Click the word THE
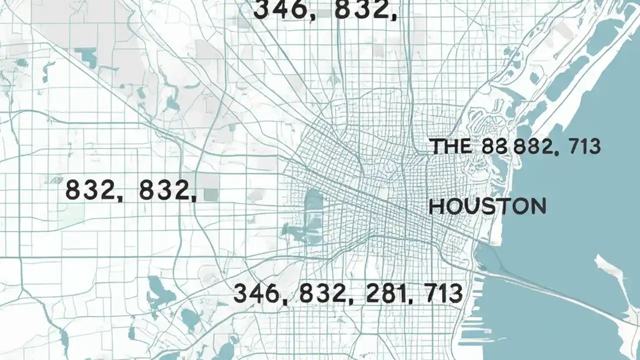coord(450,146)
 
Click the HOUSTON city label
coord(487,206)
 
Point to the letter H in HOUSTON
coord(436,206)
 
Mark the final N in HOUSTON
coord(538,206)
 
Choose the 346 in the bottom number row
coord(255,293)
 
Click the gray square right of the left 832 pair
coord(211,195)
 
